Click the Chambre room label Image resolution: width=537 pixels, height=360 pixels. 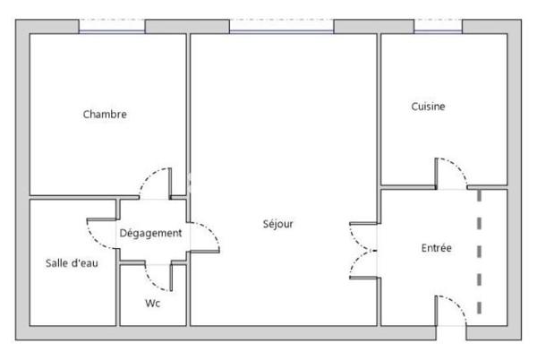point(105,115)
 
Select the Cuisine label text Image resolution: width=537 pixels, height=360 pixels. point(428,107)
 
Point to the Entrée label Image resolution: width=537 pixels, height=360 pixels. point(436,248)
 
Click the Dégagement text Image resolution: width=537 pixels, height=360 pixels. point(150,233)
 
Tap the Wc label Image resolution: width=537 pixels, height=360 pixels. point(152,303)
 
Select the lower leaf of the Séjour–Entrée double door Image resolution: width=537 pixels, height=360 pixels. point(362,264)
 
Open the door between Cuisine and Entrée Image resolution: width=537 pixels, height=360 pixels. point(452,173)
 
